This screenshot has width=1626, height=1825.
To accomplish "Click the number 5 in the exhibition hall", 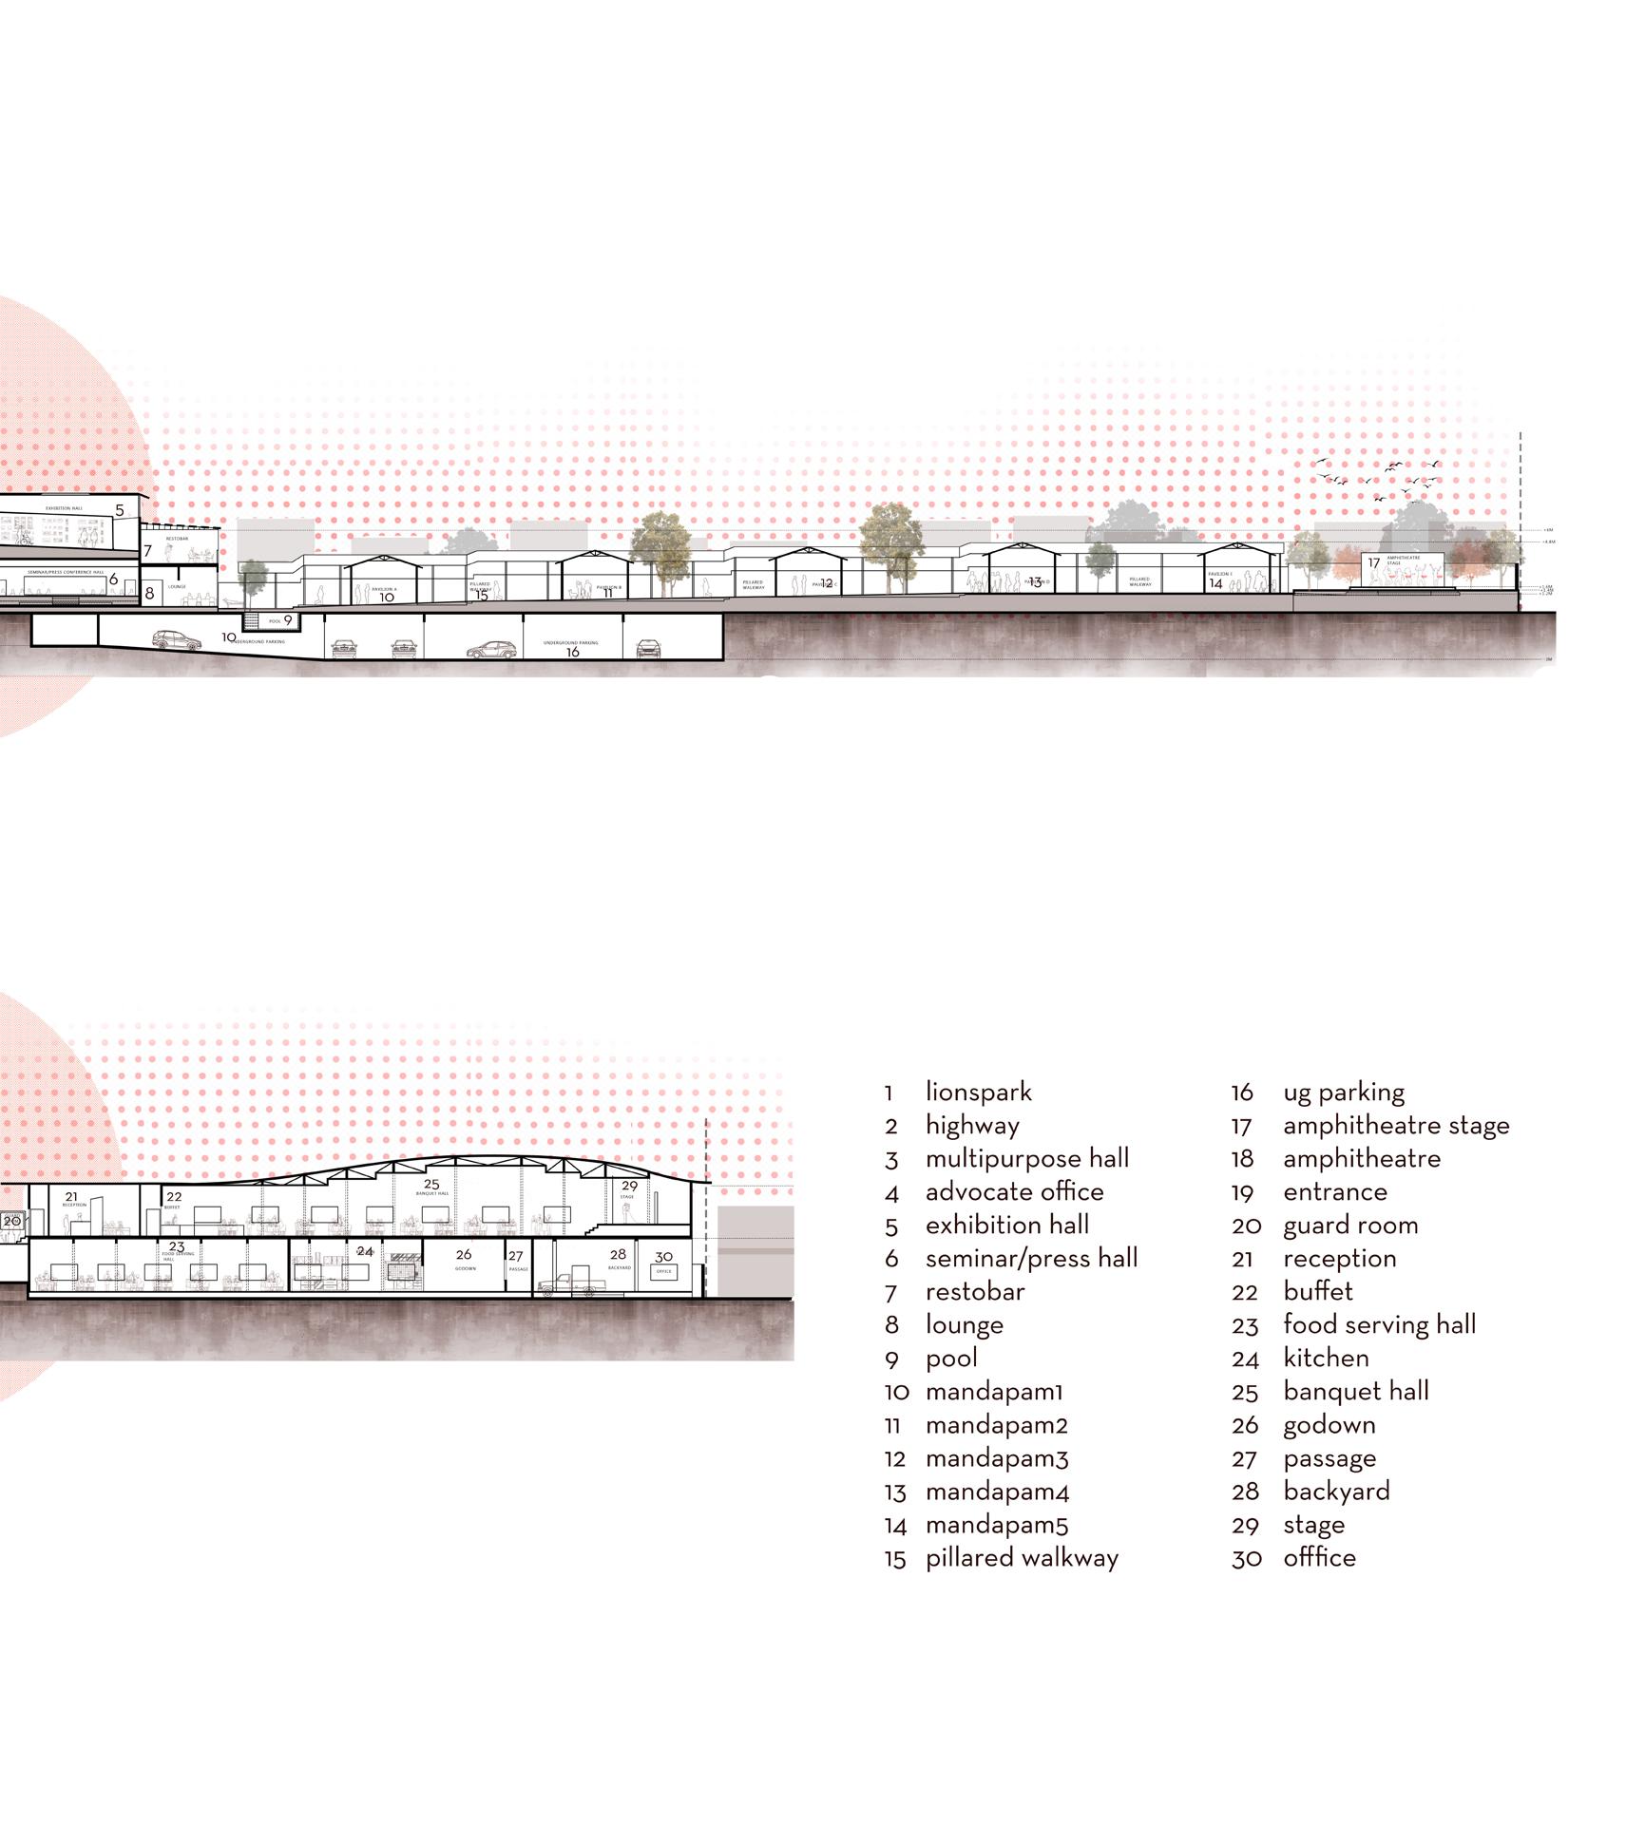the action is pos(120,510).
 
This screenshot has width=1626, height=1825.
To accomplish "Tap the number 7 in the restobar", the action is pos(147,551).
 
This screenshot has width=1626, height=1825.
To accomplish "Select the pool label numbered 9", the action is pos(288,620).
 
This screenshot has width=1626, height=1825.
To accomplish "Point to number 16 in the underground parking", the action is pos(572,653).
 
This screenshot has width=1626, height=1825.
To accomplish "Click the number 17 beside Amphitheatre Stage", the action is pos(1373,563).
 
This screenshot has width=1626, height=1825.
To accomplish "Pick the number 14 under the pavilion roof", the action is pos(1215,583).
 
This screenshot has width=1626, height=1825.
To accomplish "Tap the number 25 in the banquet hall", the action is pos(431,1185).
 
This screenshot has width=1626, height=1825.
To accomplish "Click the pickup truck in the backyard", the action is pos(573,1285).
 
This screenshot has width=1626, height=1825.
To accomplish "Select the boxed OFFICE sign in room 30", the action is pos(663,1271).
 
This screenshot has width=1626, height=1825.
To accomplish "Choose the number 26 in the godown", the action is pos(464,1254).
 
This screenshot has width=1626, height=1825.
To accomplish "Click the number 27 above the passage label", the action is pos(515,1256).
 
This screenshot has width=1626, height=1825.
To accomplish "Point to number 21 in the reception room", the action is pos(71,1197).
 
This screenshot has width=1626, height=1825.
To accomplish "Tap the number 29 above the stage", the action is pos(629,1186).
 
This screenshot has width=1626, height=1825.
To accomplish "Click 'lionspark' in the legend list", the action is pos(978,1093).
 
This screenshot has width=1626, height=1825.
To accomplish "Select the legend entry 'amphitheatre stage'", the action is pos(1395,1126).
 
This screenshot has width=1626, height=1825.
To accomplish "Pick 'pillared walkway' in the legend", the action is pos(1022,1558).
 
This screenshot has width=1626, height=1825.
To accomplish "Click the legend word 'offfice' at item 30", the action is pos(1319,1558).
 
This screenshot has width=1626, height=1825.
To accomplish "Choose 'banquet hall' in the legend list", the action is pos(1355,1392).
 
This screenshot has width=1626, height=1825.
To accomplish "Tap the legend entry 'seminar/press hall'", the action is pos(1031,1259).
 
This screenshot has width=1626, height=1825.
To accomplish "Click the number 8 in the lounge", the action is pos(149,594).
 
